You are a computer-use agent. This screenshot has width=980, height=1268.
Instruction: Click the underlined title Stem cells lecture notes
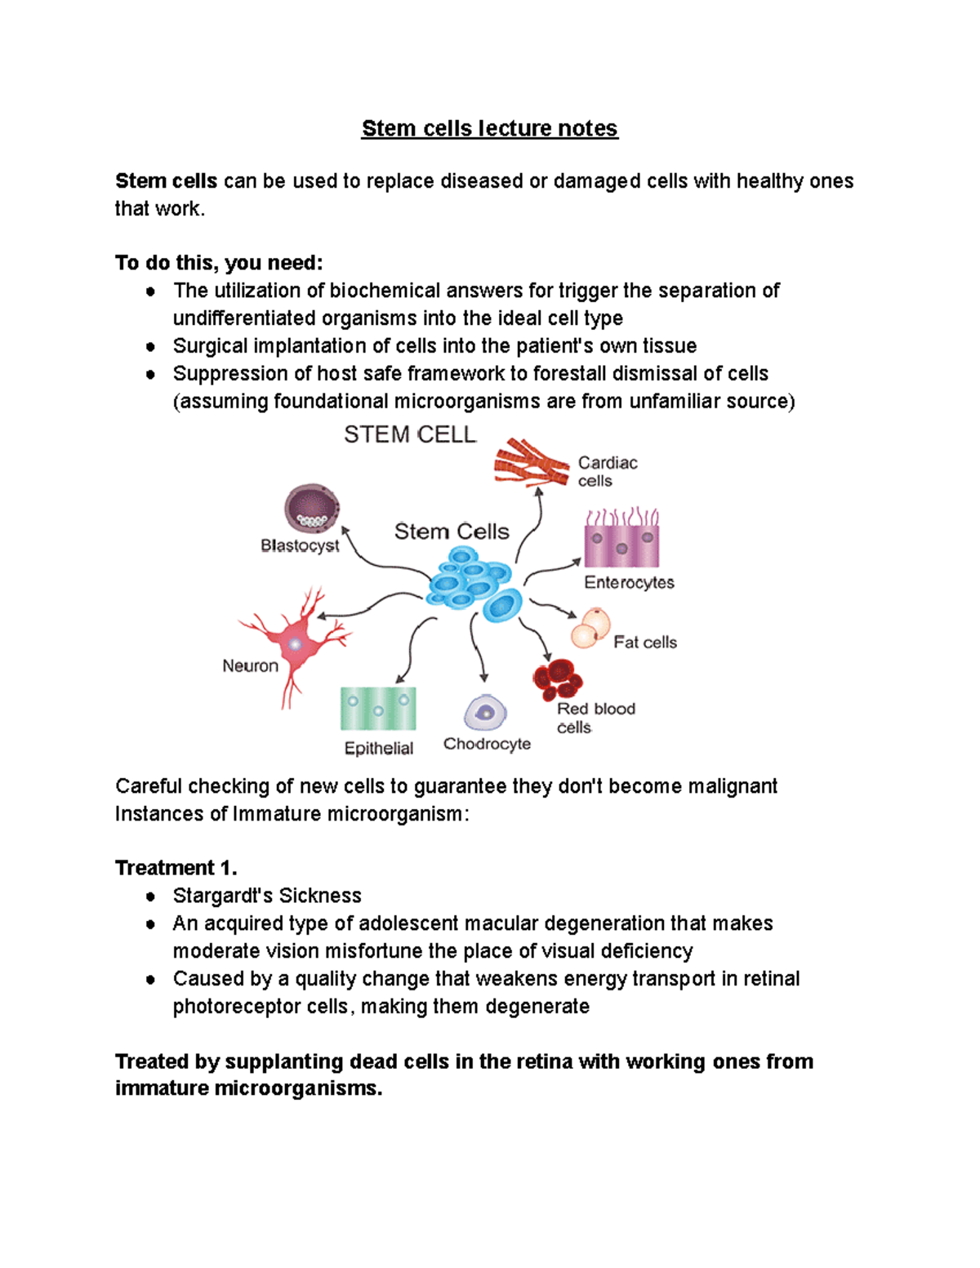click(489, 129)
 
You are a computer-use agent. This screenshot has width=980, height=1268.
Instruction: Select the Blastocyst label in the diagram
click(300, 545)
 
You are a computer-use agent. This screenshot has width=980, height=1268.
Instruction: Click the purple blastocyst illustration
click(312, 509)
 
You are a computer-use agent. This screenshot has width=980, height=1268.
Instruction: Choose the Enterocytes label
click(629, 582)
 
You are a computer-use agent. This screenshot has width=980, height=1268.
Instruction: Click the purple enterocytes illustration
click(621, 540)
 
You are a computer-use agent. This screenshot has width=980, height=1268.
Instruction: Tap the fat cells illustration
click(590, 628)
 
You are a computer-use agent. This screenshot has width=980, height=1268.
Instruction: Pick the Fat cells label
click(645, 643)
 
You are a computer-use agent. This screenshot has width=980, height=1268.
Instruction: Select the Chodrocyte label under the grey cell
click(487, 744)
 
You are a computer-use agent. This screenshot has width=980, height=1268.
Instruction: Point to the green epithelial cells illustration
click(378, 708)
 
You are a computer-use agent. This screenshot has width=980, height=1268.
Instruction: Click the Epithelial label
click(379, 748)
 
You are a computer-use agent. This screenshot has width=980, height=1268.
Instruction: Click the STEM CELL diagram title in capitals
click(410, 435)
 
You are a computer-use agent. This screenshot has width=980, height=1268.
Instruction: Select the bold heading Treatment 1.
click(176, 868)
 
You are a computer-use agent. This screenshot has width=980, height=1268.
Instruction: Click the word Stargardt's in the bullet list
click(213, 896)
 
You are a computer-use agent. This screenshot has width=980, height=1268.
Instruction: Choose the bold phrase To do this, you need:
click(219, 263)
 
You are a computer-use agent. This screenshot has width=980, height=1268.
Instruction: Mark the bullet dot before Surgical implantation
click(150, 346)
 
